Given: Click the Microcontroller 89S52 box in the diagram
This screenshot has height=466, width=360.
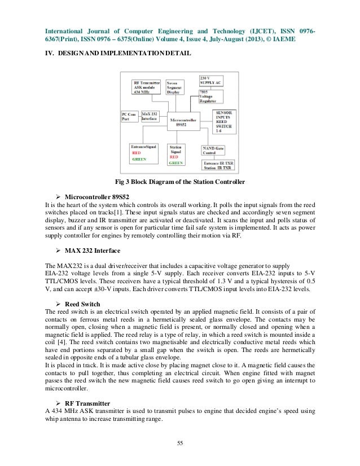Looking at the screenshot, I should [x=182, y=122].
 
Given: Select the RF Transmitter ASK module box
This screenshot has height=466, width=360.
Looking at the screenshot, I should [x=146, y=87].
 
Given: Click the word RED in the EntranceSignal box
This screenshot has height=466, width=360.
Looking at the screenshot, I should [x=138, y=153].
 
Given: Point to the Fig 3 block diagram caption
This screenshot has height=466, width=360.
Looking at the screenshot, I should [x=179, y=182].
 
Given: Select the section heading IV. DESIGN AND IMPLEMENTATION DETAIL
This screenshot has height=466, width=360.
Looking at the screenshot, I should [x=118, y=52].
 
